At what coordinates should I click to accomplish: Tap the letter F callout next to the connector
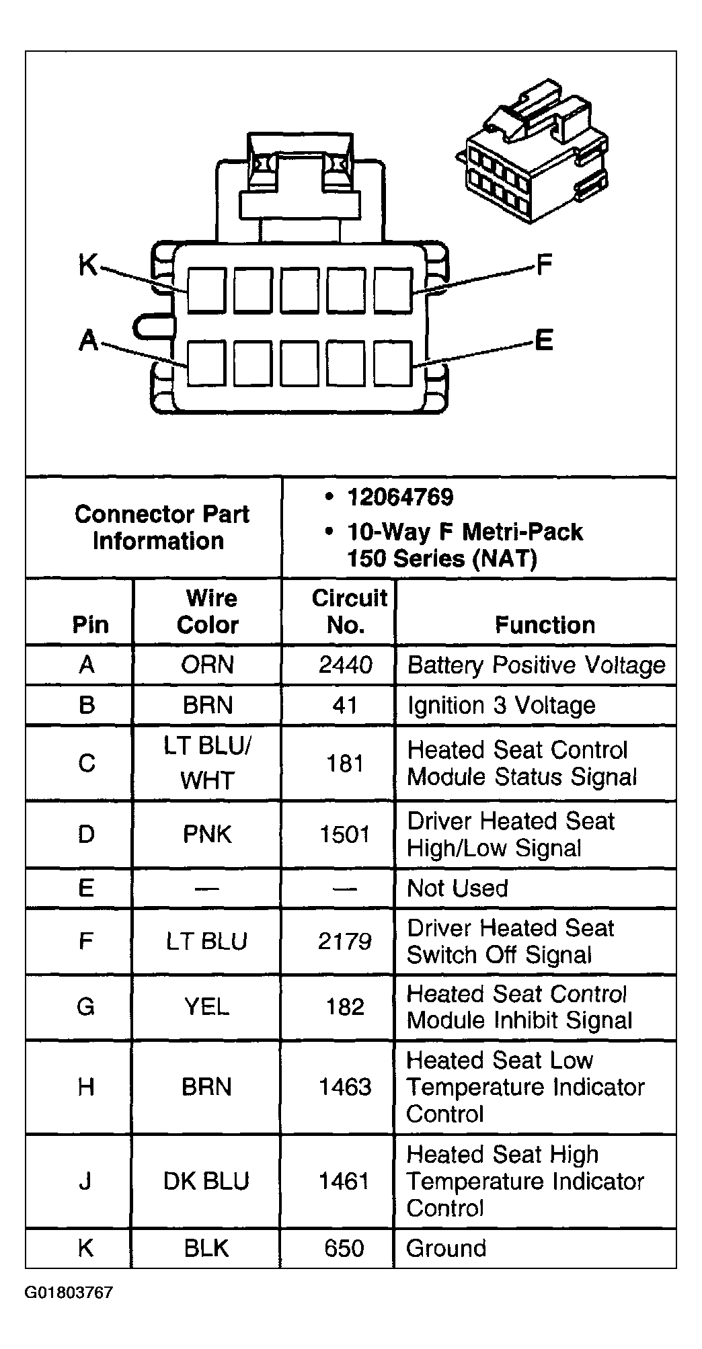click(x=543, y=265)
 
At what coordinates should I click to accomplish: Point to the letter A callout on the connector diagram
click(x=88, y=341)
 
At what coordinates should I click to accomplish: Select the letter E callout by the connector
click(x=543, y=341)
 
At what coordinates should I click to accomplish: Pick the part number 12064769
click(x=400, y=497)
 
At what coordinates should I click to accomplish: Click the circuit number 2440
click(x=345, y=665)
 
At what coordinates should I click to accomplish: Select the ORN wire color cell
click(x=207, y=665)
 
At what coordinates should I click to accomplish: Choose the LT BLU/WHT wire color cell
click(x=207, y=764)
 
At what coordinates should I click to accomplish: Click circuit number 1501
click(x=345, y=835)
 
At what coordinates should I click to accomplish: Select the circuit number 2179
click(x=345, y=941)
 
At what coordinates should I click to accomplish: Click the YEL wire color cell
click(x=206, y=1007)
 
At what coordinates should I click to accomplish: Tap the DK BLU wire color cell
click(x=206, y=1182)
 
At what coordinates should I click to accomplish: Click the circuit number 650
click(x=344, y=1249)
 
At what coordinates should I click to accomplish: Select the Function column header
click(x=545, y=625)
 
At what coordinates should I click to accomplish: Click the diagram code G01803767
click(x=69, y=1293)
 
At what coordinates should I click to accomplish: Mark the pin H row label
click(x=86, y=1088)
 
